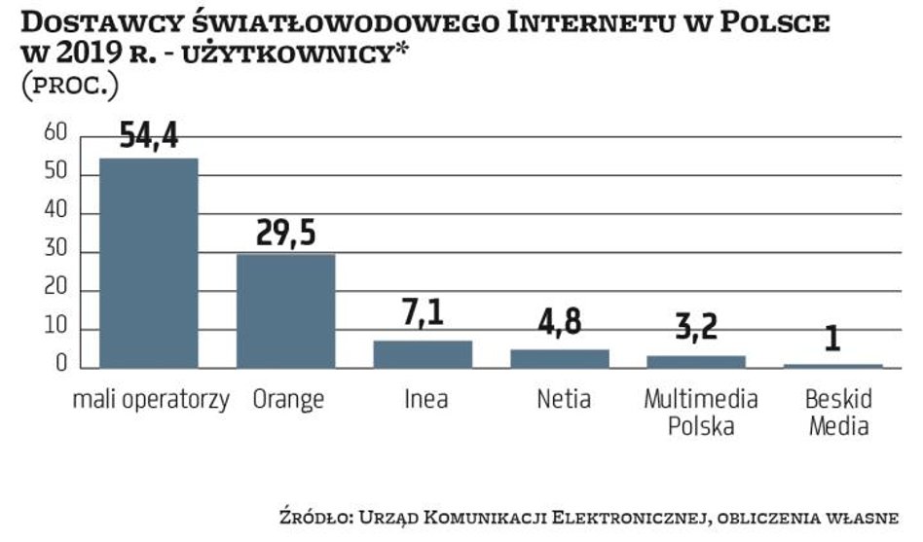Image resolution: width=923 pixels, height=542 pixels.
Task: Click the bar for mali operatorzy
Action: coord(148,263)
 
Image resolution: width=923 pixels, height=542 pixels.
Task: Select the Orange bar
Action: coord(286,310)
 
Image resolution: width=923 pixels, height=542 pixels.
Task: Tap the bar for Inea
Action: coord(423,354)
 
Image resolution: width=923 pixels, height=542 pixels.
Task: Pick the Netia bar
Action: coord(560,358)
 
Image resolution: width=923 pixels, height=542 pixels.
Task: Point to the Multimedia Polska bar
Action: coord(696,361)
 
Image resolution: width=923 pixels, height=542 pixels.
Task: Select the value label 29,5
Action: coord(286,234)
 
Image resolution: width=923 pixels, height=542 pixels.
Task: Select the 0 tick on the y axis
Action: coord(60,366)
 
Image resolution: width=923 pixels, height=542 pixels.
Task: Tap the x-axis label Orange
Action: coord(287,399)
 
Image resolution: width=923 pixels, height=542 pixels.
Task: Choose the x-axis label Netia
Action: coord(563,399)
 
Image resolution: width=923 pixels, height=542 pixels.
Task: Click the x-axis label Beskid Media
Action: coord(837,413)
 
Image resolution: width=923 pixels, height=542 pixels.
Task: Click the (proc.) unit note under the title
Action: coord(69,85)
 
